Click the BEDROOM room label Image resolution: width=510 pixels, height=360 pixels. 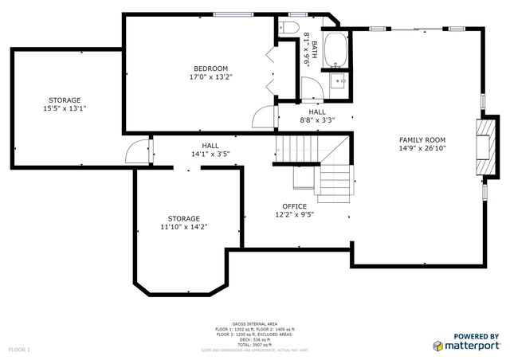(x=210, y=68)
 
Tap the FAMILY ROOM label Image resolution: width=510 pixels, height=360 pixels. (x=422, y=139)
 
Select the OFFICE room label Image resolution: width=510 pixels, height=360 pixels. (x=294, y=206)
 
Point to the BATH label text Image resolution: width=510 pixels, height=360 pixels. (x=315, y=47)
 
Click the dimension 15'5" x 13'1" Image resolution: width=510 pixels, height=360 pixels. (x=64, y=109)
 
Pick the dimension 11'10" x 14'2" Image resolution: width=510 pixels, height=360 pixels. (x=183, y=227)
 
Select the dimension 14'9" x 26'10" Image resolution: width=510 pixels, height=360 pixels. (x=422, y=148)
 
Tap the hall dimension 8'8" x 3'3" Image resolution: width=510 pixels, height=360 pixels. (x=316, y=121)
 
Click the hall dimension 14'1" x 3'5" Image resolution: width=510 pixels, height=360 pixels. (x=210, y=155)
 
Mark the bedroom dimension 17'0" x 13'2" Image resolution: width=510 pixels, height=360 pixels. (x=210, y=77)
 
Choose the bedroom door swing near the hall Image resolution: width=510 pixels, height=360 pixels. (x=263, y=117)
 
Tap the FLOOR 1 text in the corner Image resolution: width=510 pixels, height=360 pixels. (x=19, y=350)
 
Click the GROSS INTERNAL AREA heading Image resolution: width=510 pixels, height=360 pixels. (x=255, y=323)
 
